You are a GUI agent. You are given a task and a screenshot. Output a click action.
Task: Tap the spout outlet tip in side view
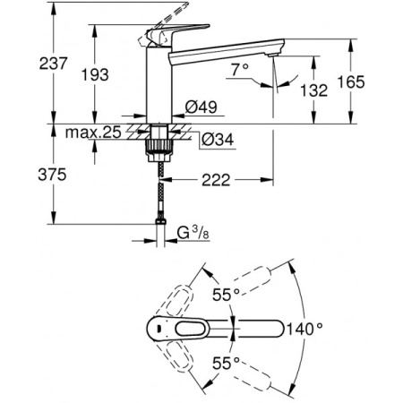pos(270,56)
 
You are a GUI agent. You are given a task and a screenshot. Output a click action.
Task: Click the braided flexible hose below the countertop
pos(160,193)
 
